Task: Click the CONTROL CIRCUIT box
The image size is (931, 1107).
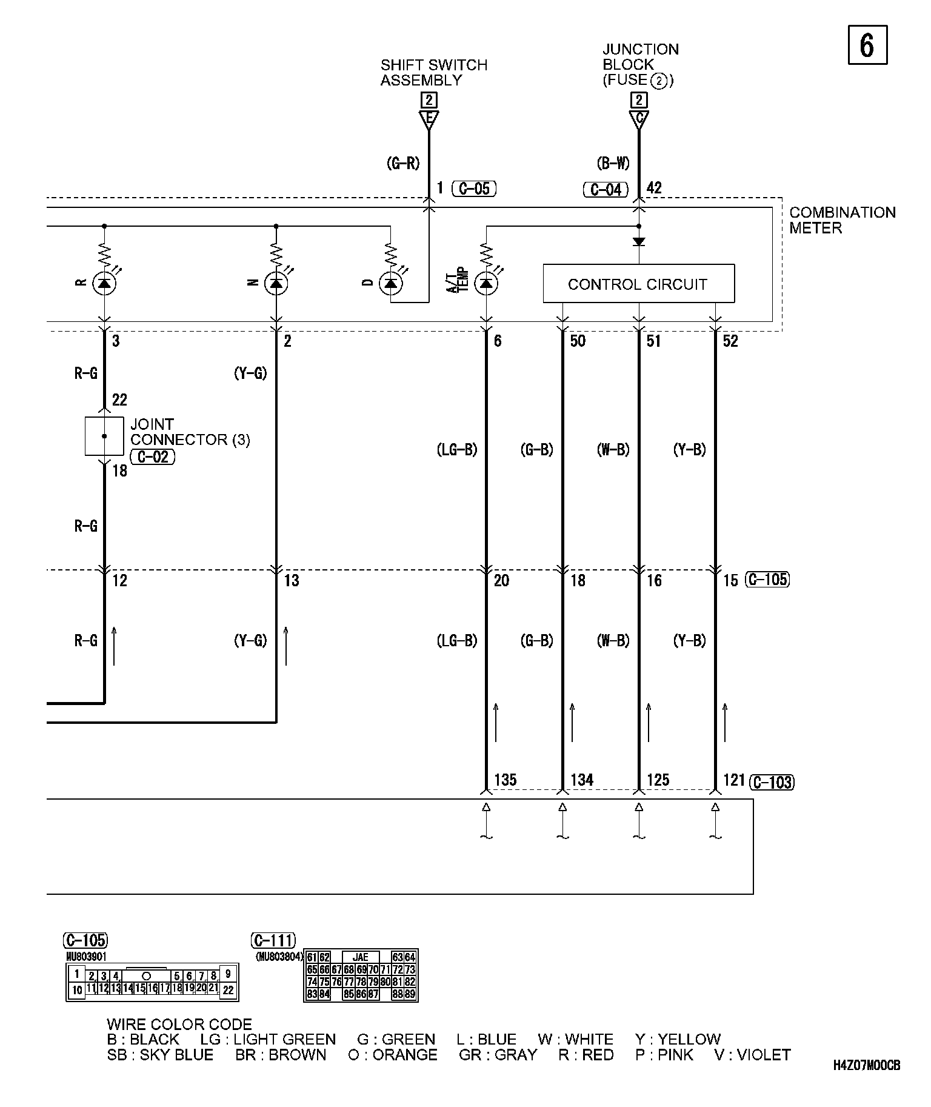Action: point(638,284)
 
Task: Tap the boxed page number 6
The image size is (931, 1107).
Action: point(867,45)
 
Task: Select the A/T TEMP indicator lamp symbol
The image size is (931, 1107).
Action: point(486,283)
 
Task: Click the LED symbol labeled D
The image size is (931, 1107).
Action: point(390,283)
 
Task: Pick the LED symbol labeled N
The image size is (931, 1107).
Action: point(276,283)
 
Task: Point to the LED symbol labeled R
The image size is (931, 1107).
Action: point(104,283)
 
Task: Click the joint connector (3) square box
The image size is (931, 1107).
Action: point(104,436)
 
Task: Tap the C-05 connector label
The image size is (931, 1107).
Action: point(474,189)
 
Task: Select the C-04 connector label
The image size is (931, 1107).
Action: point(606,190)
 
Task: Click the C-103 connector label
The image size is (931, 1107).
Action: point(772,782)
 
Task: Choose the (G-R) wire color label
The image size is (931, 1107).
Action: point(403,163)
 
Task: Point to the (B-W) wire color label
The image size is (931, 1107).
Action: point(613,163)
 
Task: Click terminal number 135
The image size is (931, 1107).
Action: point(506,780)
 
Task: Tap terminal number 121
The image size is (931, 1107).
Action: point(734,780)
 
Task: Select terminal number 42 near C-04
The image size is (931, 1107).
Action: point(654,188)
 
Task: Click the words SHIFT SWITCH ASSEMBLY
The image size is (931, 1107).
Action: point(433,73)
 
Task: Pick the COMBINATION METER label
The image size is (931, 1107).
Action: point(842,220)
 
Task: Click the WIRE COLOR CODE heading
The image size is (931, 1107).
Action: point(179,1025)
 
